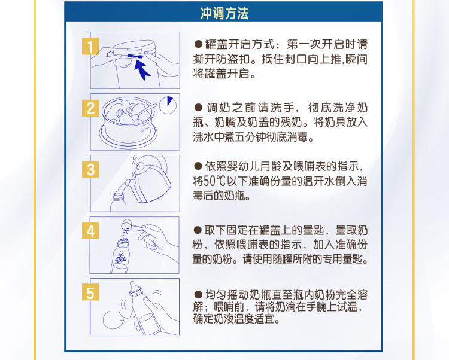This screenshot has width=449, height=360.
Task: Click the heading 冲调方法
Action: (x=224, y=13)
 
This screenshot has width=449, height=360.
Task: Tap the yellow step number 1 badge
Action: (x=90, y=46)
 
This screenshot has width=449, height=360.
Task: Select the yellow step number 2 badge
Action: (x=90, y=108)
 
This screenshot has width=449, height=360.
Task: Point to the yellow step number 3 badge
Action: (x=90, y=169)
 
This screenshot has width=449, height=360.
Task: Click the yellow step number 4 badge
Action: (x=90, y=231)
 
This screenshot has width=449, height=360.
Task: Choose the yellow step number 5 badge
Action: (x=90, y=292)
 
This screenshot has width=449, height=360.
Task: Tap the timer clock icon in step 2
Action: (x=168, y=105)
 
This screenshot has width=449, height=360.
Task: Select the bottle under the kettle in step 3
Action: (x=119, y=202)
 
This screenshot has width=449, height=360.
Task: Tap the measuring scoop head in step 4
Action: (x=126, y=224)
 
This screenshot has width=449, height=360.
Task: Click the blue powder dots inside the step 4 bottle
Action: (x=120, y=257)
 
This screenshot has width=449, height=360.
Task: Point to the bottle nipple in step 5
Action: (x=133, y=286)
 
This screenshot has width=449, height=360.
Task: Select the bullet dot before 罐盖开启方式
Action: (x=198, y=44)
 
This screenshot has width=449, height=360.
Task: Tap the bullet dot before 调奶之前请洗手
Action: (x=198, y=108)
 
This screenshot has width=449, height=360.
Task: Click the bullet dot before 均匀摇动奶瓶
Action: (x=198, y=295)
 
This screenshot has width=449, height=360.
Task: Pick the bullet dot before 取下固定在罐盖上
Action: (x=198, y=230)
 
